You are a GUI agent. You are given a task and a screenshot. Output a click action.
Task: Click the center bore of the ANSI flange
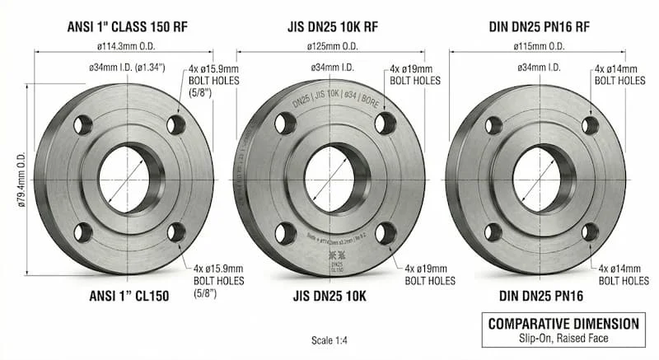click(124, 178)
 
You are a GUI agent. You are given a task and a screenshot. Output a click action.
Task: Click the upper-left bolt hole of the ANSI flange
click(83, 125)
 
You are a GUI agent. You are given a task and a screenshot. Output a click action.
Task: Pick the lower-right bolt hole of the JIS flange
click(385, 233)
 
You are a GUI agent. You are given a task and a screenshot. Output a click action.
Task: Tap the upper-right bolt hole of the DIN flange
click(590, 124)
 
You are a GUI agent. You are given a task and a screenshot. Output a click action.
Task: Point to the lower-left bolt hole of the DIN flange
click(493, 231)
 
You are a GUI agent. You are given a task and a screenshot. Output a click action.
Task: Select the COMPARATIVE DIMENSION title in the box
click(563, 323)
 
